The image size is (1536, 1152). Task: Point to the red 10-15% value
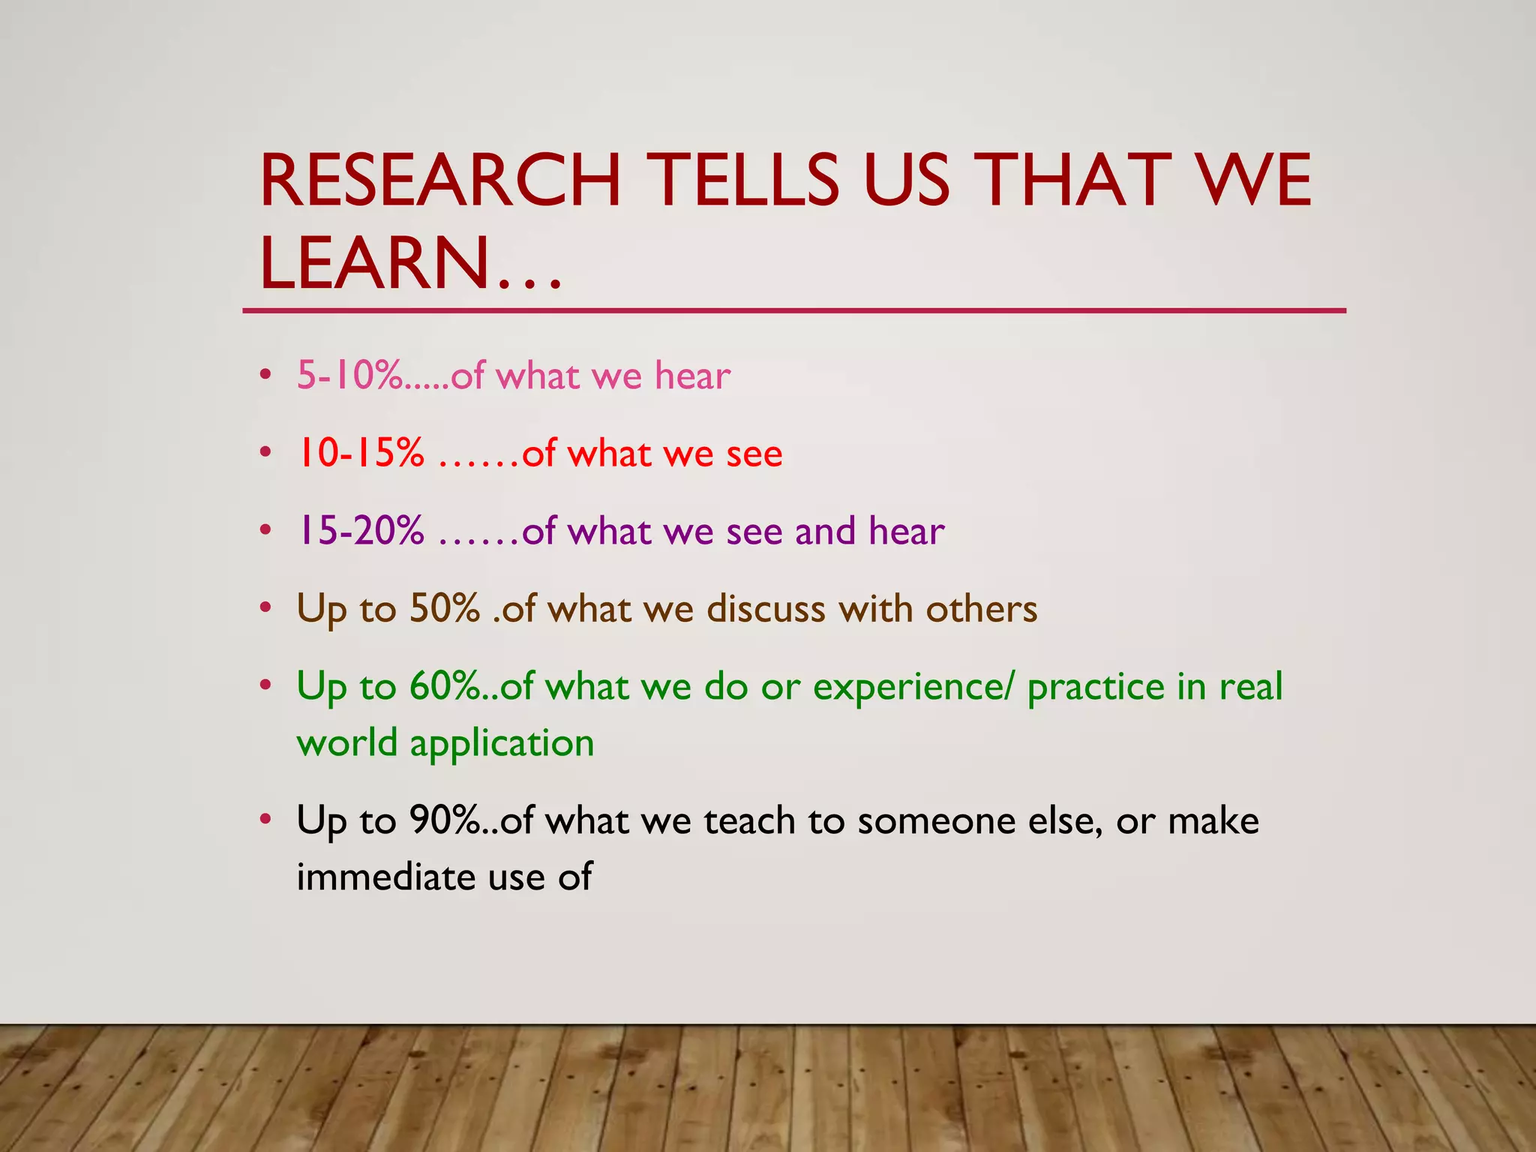[361, 453]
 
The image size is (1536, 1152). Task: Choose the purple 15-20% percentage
[361, 531]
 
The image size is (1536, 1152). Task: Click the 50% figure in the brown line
[444, 608]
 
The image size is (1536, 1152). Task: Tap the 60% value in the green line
[444, 686]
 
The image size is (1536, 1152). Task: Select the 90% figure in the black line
[444, 820]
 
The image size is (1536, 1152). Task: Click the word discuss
[766, 608]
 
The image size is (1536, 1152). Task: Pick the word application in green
[502, 744]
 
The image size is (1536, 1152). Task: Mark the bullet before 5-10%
[264, 375]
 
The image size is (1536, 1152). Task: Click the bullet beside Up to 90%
[264, 820]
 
